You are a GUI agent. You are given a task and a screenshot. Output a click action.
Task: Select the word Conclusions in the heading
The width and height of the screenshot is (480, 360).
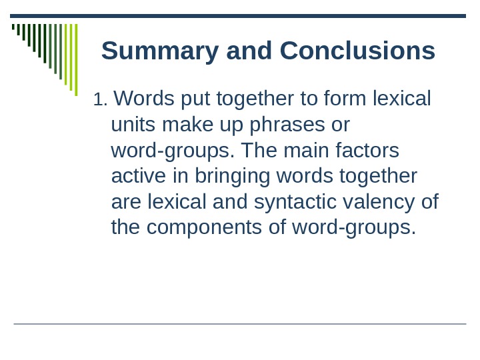point(357,51)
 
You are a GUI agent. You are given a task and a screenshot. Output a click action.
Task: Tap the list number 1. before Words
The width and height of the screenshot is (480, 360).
point(100,100)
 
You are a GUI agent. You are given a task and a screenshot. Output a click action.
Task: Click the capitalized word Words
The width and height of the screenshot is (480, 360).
point(143,99)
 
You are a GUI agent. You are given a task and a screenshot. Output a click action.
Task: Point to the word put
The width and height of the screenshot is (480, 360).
point(190,99)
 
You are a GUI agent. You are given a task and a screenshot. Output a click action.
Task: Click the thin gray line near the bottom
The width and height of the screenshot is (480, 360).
point(240,324)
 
